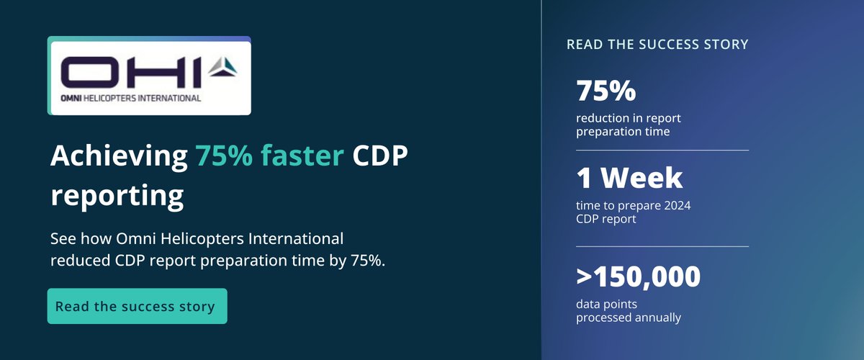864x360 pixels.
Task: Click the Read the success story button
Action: pyautogui.click(x=137, y=306)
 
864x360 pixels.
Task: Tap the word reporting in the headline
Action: pyautogui.click(x=117, y=194)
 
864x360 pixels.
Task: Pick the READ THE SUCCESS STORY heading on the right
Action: pyautogui.click(x=657, y=45)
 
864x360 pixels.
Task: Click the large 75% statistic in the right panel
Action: pyautogui.click(x=606, y=91)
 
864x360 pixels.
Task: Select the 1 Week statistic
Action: pyautogui.click(x=629, y=178)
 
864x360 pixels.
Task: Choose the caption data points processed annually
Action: pyautogui.click(x=629, y=310)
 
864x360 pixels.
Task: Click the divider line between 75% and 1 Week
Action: pyautogui.click(x=662, y=150)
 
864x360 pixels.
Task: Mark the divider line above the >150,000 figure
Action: pyautogui.click(x=662, y=246)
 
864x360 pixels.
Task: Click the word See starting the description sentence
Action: pyautogui.click(x=63, y=238)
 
